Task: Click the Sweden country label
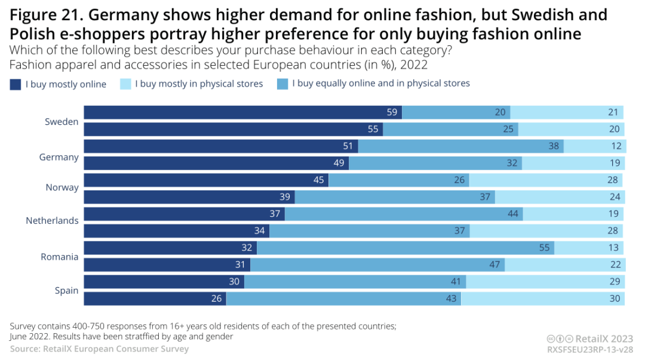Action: pyautogui.click(x=62, y=122)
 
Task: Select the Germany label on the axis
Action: pyautogui.click(x=59, y=157)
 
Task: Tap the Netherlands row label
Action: pyautogui.click(x=52, y=220)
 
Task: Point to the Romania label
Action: pyautogui.click(x=60, y=257)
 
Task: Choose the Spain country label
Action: pyautogui.click(x=67, y=290)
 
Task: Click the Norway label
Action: pyautogui.click(x=62, y=187)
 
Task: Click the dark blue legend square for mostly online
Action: pyautogui.click(x=16, y=84)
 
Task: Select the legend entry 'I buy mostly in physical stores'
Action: pyautogui.click(x=199, y=84)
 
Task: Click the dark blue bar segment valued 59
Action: pyautogui.click(x=242, y=112)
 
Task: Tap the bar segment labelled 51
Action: pyautogui.click(x=220, y=146)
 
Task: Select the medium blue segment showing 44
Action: pyautogui.click(x=404, y=214)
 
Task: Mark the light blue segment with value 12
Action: pyautogui.click(x=595, y=146)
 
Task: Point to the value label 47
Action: pyautogui.click(x=494, y=264)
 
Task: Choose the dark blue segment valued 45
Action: pyautogui.click(x=206, y=180)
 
